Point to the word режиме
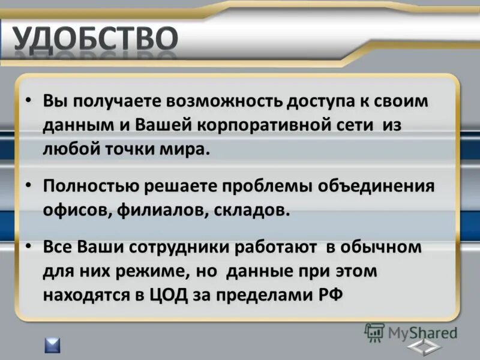[148, 271]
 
